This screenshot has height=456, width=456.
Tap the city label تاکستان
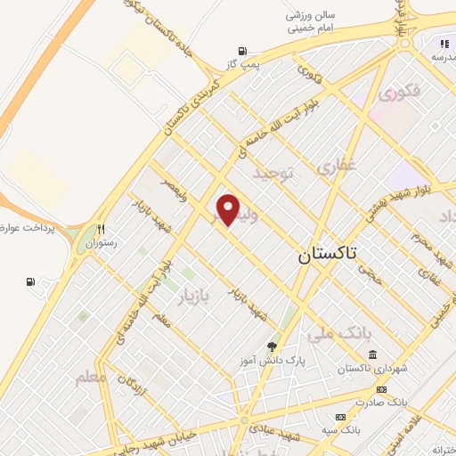click(x=325, y=255)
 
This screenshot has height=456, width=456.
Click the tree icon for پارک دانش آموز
click(x=272, y=346)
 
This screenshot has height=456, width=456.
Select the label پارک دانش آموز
click(x=274, y=361)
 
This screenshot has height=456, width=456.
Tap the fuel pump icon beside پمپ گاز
click(x=240, y=52)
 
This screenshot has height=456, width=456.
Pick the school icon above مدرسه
click(x=443, y=44)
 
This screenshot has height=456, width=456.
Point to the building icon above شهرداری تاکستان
click(x=370, y=354)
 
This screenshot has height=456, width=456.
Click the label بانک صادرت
click(x=407, y=402)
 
